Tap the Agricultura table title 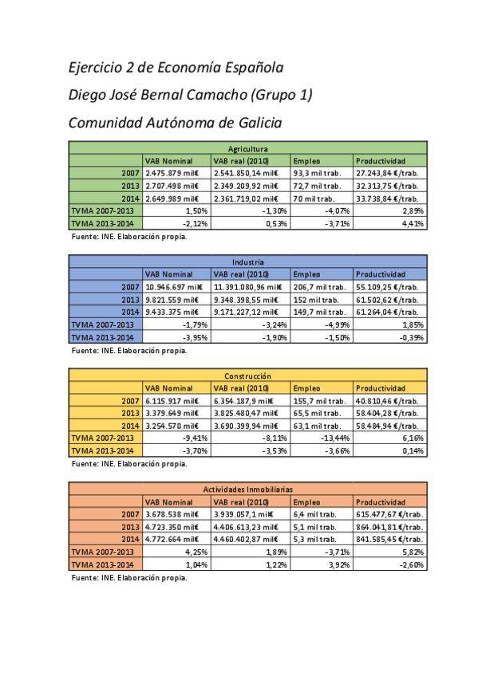[247, 148]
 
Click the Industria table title [247, 261]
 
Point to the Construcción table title [247, 375]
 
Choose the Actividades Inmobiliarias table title [247, 489]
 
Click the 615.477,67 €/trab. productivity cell [389, 514]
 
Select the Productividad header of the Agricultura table [381, 160]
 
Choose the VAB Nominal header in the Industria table [169, 274]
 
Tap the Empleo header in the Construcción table [307, 387]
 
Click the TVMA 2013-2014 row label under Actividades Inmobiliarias [102, 564]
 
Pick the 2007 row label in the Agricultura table [130, 173]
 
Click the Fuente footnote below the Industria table [129, 350]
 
